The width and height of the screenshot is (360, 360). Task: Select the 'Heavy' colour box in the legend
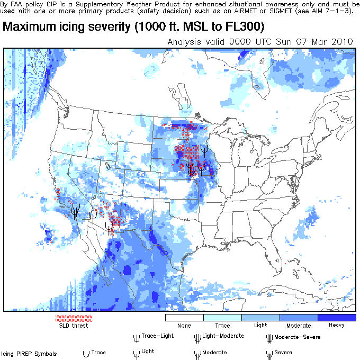337,318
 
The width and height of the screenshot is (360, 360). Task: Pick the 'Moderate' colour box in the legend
299,318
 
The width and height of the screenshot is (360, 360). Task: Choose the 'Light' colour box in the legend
260,318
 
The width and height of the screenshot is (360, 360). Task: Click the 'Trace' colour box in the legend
222,318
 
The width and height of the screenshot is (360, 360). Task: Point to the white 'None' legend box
184,318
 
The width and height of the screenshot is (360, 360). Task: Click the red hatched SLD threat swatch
74,318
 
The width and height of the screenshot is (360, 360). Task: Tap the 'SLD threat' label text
74,326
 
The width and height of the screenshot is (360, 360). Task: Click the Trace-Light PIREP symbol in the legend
137,337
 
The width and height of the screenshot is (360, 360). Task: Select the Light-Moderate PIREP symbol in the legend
198,337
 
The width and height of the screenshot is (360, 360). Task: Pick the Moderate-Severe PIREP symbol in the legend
269,337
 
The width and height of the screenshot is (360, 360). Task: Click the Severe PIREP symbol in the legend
269,353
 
